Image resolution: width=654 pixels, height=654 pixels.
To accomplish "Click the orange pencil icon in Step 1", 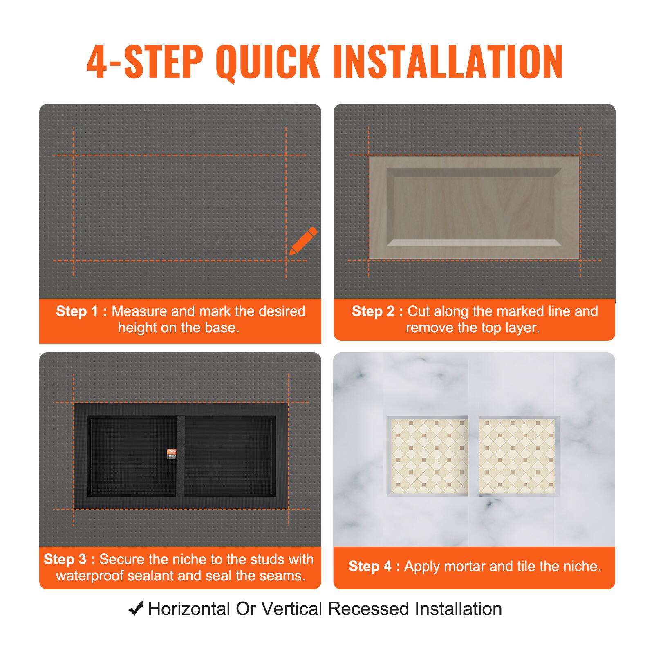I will pyautogui.click(x=303, y=241).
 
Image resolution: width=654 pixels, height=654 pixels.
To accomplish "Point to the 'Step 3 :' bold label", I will pyautogui.click(x=69, y=559).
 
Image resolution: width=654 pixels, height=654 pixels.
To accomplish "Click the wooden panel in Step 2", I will pyautogui.click(x=474, y=208).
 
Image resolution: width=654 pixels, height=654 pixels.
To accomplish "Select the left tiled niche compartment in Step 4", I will pyautogui.click(x=428, y=456).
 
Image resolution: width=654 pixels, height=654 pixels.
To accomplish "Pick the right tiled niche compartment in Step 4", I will pyautogui.click(x=518, y=456).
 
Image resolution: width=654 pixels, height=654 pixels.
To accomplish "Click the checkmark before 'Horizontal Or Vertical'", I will pyautogui.click(x=136, y=609).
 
